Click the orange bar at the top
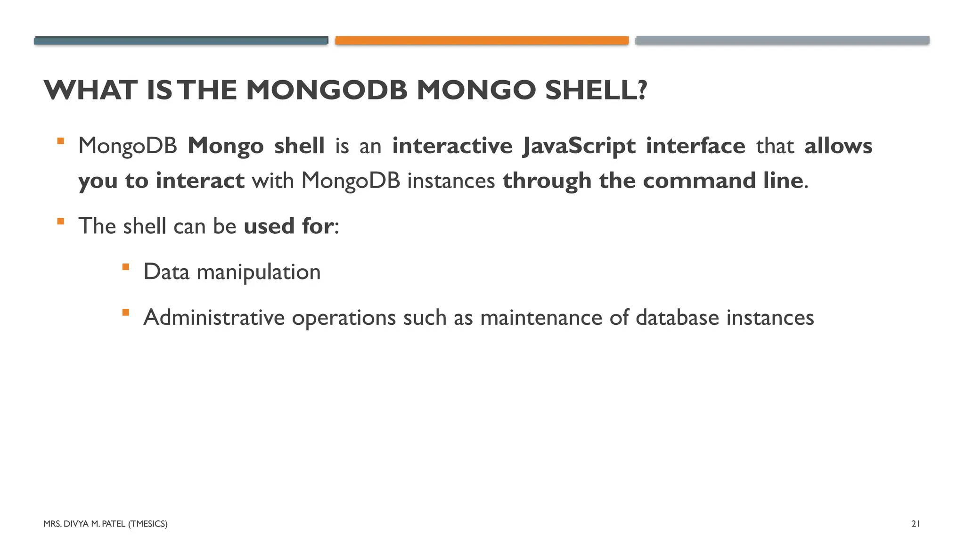pyautogui.click(x=482, y=41)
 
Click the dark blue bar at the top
pyautogui.click(x=181, y=41)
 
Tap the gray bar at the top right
pyautogui.click(x=782, y=41)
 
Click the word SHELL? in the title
pyautogui.click(x=596, y=90)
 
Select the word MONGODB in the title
pyautogui.click(x=326, y=90)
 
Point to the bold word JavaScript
pyautogui.click(x=579, y=146)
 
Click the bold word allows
pyautogui.click(x=838, y=146)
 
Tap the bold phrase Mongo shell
pyautogui.click(x=256, y=146)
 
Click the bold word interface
pyautogui.click(x=695, y=146)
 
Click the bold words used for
pyautogui.click(x=288, y=226)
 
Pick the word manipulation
pyautogui.click(x=258, y=272)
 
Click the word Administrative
pyautogui.click(x=214, y=317)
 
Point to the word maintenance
pyautogui.click(x=541, y=317)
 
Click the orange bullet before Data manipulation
pyautogui.click(x=125, y=267)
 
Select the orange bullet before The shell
pyautogui.click(x=60, y=222)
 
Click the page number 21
pyautogui.click(x=916, y=524)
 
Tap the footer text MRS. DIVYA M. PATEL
pyautogui.click(x=85, y=524)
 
